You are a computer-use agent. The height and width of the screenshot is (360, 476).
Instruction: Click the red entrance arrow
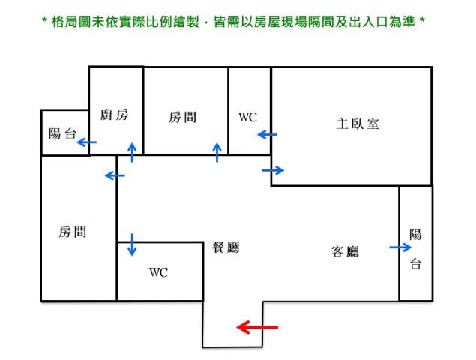point(257,327)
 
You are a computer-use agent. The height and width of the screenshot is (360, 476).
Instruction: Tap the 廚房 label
point(114,115)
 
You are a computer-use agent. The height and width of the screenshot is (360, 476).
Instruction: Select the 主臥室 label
point(358,124)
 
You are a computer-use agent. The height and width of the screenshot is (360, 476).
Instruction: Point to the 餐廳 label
point(226,247)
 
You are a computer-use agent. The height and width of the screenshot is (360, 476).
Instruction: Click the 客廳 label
point(345,251)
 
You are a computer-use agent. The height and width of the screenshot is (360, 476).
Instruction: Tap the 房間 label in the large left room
point(72,232)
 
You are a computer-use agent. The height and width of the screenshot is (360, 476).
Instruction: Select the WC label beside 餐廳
point(158,272)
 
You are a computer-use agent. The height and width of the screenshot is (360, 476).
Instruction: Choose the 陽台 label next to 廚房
point(62,134)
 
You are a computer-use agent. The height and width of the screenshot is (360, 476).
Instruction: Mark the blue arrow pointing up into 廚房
point(133,152)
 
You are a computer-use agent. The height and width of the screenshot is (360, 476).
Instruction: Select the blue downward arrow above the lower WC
point(133,244)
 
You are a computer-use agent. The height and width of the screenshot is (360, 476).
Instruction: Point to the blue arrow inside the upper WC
point(267,135)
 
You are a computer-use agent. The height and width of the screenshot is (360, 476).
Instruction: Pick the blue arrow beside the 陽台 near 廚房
point(87,141)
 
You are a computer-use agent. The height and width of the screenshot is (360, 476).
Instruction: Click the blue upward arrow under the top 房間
point(217,152)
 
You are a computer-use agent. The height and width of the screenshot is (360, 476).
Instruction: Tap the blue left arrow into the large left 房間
point(115,175)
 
